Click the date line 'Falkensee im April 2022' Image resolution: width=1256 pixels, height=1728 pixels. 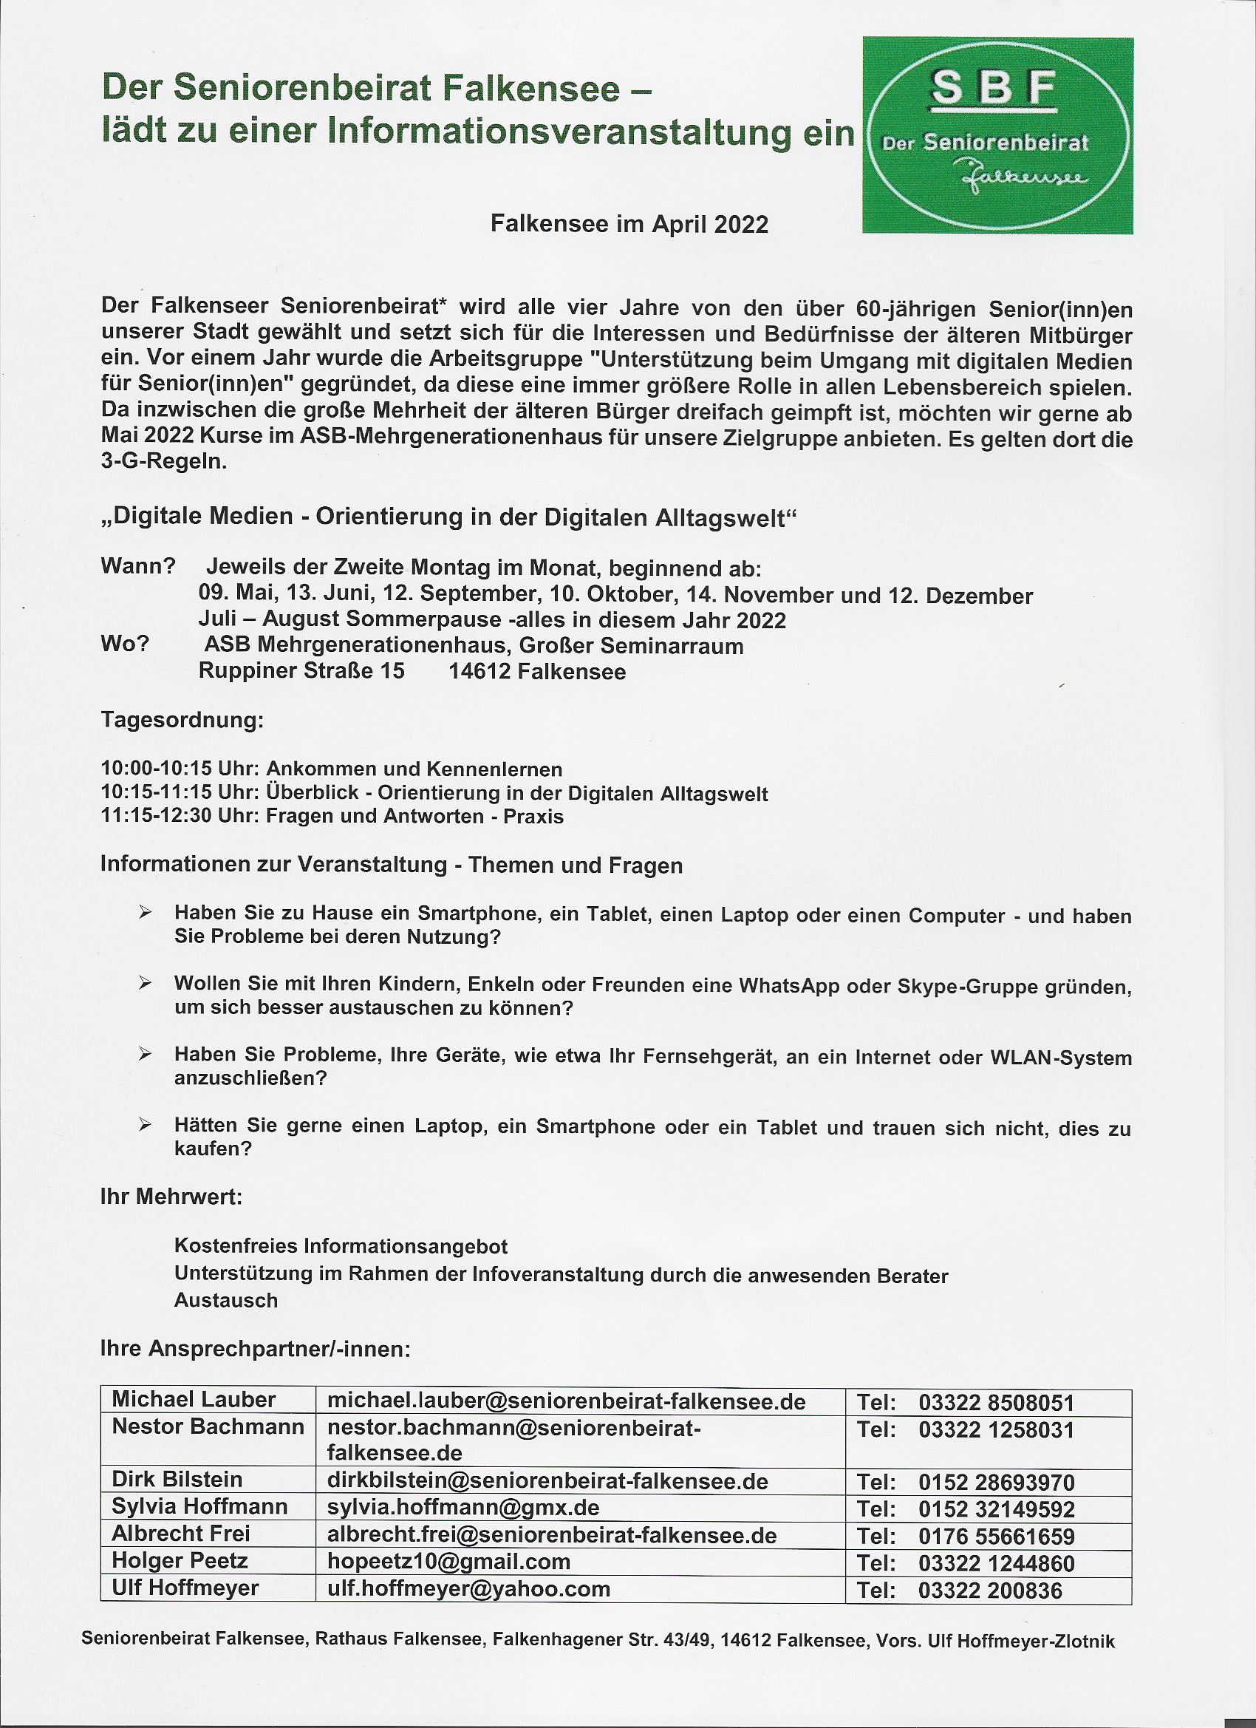click(629, 224)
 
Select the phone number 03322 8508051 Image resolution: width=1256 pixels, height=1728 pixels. click(996, 1403)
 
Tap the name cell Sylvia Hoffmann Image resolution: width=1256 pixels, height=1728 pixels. click(199, 1506)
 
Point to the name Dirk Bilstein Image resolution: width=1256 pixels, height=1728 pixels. click(177, 1480)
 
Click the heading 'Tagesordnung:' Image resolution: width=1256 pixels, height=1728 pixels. click(182, 720)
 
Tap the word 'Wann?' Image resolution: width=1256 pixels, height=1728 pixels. click(138, 566)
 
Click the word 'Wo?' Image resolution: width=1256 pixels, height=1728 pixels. click(125, 644)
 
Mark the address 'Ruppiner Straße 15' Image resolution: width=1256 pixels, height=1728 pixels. click(301, 671)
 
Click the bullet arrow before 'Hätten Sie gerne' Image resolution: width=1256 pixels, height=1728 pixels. click(146, 1125)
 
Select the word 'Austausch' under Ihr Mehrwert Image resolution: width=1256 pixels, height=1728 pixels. click(226, 1301)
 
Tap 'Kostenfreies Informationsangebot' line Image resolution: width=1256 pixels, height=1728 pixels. click(341, 1246)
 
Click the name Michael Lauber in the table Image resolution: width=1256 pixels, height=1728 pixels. click(194, 1400)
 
